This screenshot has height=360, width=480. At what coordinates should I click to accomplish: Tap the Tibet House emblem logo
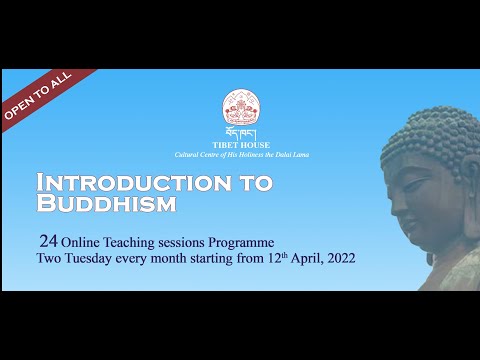click(x=240, y=108)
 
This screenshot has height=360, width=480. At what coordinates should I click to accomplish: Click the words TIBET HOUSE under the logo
click(x=240, y=143)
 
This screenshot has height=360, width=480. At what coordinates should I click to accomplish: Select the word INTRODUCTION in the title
click(x=112, y=184)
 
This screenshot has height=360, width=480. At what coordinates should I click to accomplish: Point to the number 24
click(x=46, y=241)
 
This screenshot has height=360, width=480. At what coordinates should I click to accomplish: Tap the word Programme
click(x=239, y=241)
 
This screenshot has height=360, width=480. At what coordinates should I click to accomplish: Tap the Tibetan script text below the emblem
click(x=240, y=132)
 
